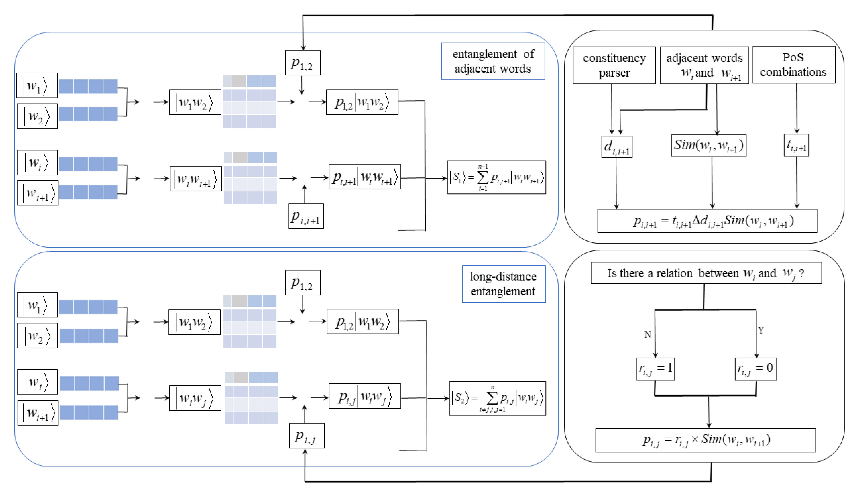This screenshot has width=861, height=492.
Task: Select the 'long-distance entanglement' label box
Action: coord(503,284)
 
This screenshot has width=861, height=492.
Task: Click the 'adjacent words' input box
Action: coord(704,65)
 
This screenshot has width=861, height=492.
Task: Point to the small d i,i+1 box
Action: coord(617,147)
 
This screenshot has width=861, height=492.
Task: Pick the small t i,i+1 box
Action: coord(796,145)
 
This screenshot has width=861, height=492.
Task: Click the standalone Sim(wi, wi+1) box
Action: coord(709,145)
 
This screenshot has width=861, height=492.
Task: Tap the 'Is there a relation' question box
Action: coord(706,273)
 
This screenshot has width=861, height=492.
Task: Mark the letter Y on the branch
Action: coord(760,330)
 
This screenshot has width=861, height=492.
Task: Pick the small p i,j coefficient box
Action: coord(306,436)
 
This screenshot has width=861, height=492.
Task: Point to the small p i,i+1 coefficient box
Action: coord(306,216)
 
